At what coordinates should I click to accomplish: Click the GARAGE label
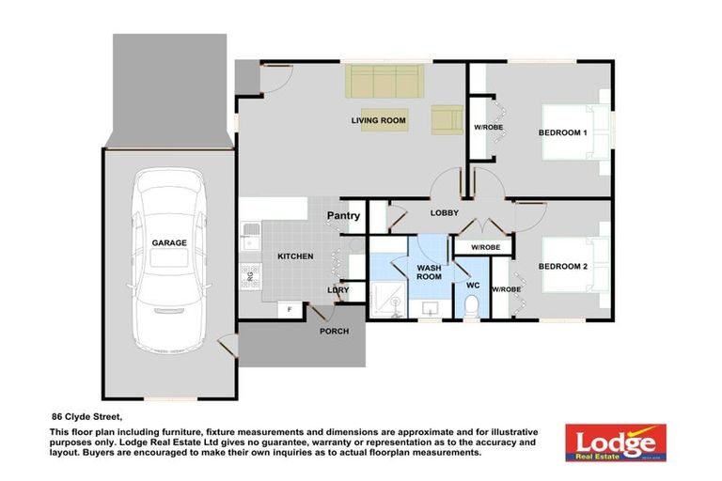pyautogui.click(x=169, y=242)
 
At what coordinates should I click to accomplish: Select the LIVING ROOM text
pyautogui.click(x=378, y=120)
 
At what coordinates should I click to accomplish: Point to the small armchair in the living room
pyautogui.click(x=447, y=118)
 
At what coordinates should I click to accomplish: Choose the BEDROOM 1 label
pyautogui.click(x=562, y=132)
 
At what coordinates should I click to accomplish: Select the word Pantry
pyautogui.click(x=343, y=216)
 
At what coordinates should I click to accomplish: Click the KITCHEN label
pyautogui.click(x=294, y=256)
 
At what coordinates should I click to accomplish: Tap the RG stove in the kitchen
pyautogui.click(x=250, y=276)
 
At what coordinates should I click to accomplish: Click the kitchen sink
pyautogui.click(x=250, y=236)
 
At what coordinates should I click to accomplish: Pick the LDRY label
pyautogui.click(x=338, y=290)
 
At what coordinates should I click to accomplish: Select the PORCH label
pyautogui.click(x=334, y=331)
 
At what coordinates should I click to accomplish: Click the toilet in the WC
pyautogui.click(x=472, y=304)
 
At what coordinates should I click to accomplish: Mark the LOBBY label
pyautogui.click(x=444, y=213)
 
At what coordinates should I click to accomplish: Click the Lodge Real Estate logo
pyautogui.click(x=615, y=442)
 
